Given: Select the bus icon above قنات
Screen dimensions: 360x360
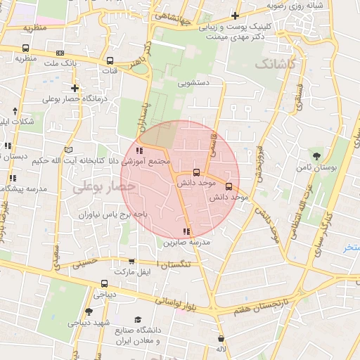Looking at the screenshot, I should pyautogui.click(x=110, y=60).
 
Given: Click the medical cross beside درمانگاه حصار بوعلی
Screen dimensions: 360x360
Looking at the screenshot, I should pyautogui.click(x=75, y=88).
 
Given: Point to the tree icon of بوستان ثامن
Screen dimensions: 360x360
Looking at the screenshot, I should pyautogui.click(x=318, y=156).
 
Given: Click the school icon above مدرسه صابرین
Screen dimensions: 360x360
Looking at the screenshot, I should pyautogui.click(x=186, y=231).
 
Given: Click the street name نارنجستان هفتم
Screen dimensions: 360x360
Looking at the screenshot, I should pyautogui.click(x=255, y=305).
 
